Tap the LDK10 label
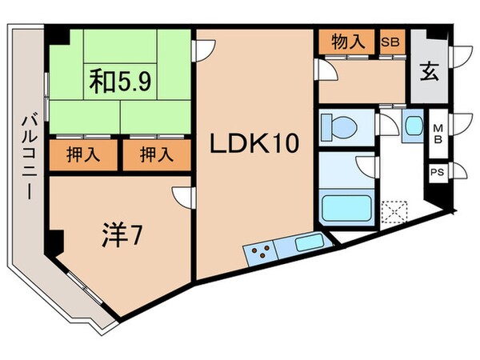click(254, 145)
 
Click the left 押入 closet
click(84, 154)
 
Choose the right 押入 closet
click(157, 154)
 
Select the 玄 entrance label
click(429, 71)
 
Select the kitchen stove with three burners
click(258, 252)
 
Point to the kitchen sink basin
click(307, 242)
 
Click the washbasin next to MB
click(414, 126)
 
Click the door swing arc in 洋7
click(183, 196)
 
